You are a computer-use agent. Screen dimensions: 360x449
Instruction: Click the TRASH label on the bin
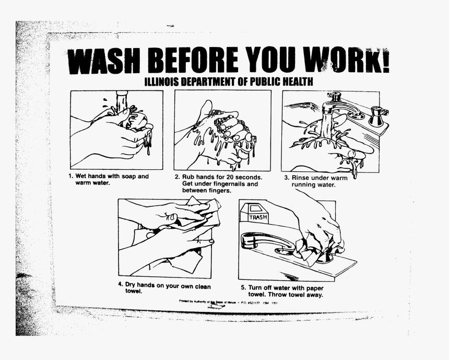(x=258, y=216)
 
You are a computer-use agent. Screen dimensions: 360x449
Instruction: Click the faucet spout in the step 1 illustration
(x=122, y=99)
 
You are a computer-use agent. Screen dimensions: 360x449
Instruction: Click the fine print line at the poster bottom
(x=228, y=302)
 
